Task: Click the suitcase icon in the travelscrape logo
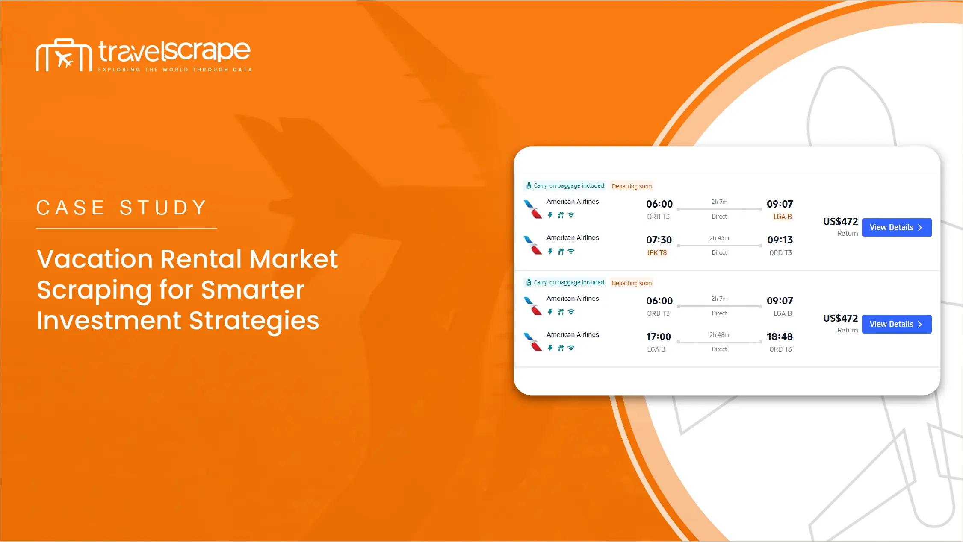point(64,55)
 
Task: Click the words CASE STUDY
point(122,208)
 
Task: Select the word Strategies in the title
point(254,321)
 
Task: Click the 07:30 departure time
point(659,240)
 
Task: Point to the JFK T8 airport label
point(657,253)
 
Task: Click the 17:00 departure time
point(659,337)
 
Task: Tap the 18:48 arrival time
point(780,337)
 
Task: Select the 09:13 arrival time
point(780,240)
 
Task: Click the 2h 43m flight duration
point(719,238)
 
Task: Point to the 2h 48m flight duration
point(719,335)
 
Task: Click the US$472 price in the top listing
point(840,222)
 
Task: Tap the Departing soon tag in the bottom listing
point(632,283)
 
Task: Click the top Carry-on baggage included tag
point(564,186)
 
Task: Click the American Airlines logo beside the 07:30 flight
point(533,245)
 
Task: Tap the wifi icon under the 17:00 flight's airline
point(571,348)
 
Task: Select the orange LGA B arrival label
point(783,217)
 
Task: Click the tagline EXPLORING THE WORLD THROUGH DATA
point(175,70)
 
